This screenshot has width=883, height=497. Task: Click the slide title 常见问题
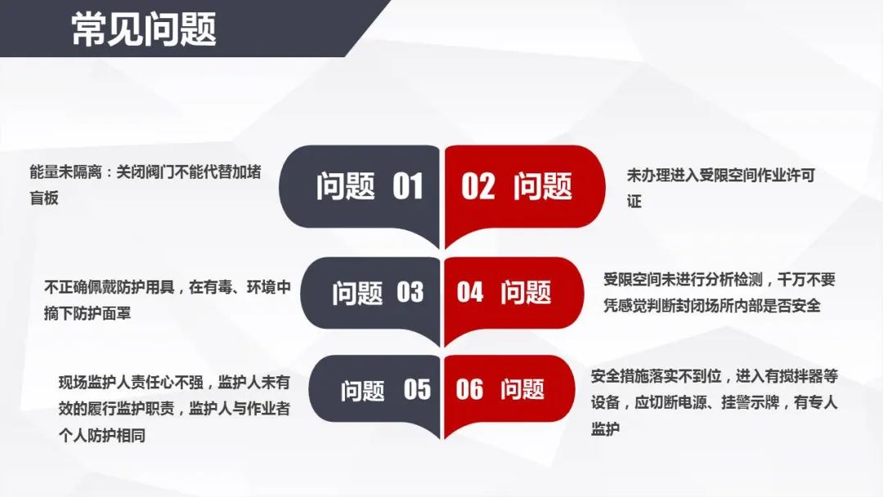[x=144, y=29]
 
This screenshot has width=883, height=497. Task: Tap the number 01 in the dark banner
[x=408, y=186]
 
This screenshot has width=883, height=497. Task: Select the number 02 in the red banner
[x=478, y=186]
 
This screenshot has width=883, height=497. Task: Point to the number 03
[x=410, y=292]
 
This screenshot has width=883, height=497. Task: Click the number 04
[x=470, y=292]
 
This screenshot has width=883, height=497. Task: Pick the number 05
[x=417, y=389]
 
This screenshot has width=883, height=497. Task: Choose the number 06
[x=469, y=389]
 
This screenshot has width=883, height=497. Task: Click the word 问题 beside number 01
[x=345, y=186]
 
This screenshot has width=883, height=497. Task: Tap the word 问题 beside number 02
[x=543, y=186]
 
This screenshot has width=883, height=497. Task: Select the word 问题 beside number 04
[x=526, y=292]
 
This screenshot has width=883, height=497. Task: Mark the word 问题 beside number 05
[x=363, y=389]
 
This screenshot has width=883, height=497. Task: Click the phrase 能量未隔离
[x=65, y=172]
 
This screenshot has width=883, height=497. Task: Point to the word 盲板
[x=44, y=198]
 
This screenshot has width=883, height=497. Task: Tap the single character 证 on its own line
[x=634, y=202]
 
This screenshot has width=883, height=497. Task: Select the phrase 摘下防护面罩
[x=87, y=313]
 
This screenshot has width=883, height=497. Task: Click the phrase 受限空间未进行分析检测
[x=683, y=280]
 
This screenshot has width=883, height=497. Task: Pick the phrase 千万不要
[x=807, y=280]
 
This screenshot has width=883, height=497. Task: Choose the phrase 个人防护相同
[x=102, y=435]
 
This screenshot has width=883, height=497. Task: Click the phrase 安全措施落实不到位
[x=656, y=375]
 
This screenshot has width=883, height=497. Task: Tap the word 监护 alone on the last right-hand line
[x=605, y=429]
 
